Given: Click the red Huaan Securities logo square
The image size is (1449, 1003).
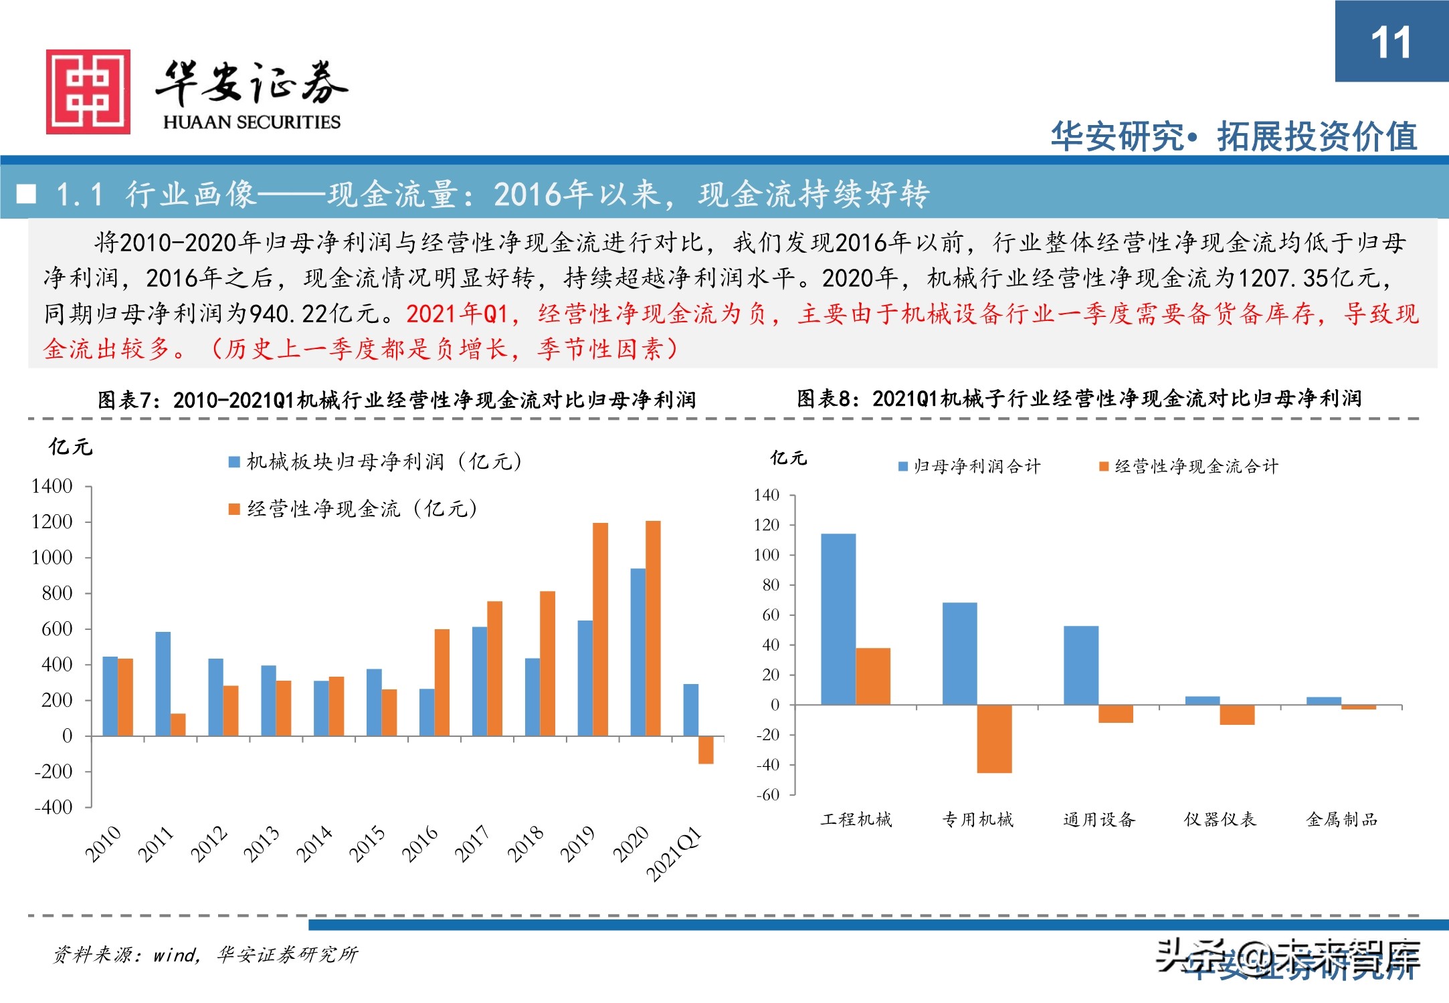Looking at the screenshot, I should pyautogui.click(x=88, y=92).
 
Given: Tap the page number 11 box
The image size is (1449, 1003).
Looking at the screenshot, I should pyautogui.click(x=1391, y=41).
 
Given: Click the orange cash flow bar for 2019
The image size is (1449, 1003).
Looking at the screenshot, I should pyautogui.click(x=600, y=629).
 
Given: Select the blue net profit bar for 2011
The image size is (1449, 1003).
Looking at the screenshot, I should pyautogui.click(x=163, y=683).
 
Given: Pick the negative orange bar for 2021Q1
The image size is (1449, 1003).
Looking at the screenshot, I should pyautogui.click(x=706, y=750).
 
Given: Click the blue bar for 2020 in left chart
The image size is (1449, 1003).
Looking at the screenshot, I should pyautogui.click(x=638, y=652).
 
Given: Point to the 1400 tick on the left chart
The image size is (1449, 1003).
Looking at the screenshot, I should pyautogui.click(x=52, y=486).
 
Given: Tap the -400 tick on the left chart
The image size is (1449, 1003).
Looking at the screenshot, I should pyautogui.click(x=54, y=807).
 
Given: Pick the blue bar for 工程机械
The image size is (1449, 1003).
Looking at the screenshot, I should pyautogui.click(x=838, y=619).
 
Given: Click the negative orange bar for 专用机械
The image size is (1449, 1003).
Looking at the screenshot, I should pyautogui.click(x=994, y=739).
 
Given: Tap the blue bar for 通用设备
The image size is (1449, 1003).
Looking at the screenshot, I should pyautogui.click(x=1080, y=665).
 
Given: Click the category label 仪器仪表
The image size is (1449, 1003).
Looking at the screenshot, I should pyautogui.click(x=1220, y=819).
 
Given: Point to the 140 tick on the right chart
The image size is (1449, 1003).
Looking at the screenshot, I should pyautogui.click(x=767, y=495).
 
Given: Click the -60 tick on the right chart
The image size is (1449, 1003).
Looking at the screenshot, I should pyautogui.click(x=768, y=795).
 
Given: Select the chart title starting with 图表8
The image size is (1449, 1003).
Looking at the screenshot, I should pyautogui.click(x=1078, y=399).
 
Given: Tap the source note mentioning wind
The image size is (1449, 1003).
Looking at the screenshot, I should pyautogui.click(x=205, y=954).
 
